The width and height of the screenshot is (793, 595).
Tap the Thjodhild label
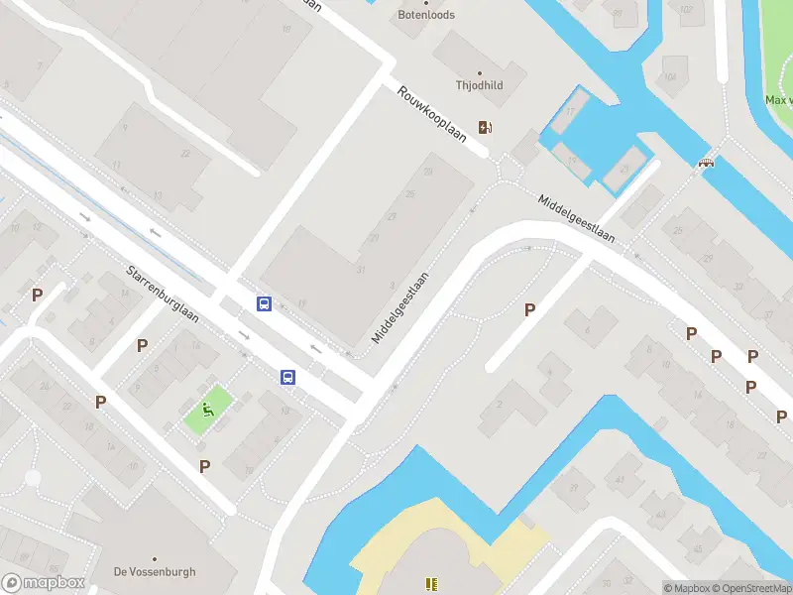[479, 85]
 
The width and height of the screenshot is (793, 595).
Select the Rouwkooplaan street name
[431, 115]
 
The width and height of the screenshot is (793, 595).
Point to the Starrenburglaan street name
[163, 294]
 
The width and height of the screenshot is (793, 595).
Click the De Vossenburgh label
[155, 572]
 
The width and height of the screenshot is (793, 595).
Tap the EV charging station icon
[485, 127]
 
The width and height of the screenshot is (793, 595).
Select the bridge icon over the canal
[707, 162]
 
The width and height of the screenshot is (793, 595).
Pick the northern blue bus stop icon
[265, 304]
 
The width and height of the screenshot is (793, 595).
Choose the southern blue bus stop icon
[287, 377]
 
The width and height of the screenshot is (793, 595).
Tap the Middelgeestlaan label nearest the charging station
[577, 218]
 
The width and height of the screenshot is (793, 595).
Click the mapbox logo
[43, 583]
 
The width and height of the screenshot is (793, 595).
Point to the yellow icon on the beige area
[431, 584]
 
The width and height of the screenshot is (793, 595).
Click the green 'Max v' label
[777, 100]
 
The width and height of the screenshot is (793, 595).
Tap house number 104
[671, 76]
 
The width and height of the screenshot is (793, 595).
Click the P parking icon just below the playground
[205, 466]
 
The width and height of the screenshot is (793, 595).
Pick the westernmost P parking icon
[38, 295]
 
